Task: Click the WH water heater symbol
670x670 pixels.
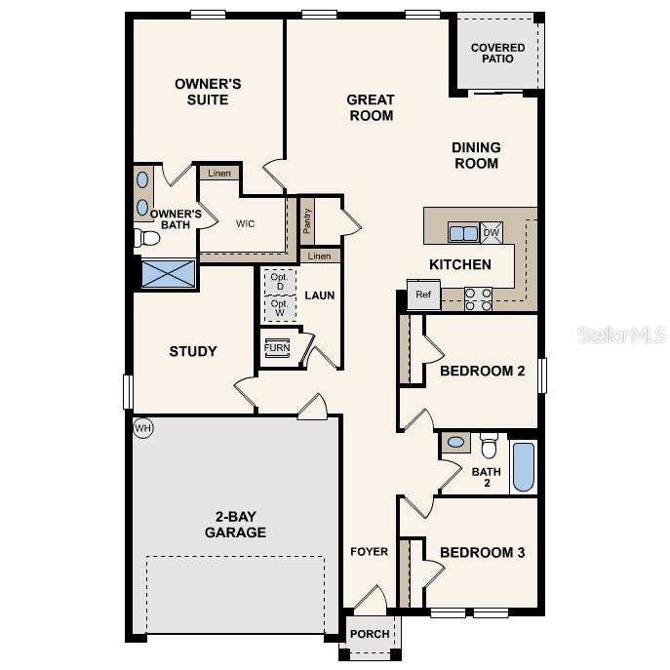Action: [143, 427]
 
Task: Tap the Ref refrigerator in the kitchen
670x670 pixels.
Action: [423, 295]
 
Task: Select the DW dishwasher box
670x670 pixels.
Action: [492, 232]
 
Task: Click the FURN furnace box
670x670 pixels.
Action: [277, 348]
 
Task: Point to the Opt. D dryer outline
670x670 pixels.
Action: [279, 280]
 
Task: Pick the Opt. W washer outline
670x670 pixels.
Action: [279, 307]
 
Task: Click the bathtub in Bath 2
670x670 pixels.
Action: [523, 467]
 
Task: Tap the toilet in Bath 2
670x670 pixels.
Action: [489, 447]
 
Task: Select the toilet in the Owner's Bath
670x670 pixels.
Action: [147, 237]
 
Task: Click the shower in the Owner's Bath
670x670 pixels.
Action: [168, 273]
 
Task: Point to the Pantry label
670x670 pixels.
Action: [306, 223]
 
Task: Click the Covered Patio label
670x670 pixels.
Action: [497, 53]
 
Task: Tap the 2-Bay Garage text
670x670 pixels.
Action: [235, 525]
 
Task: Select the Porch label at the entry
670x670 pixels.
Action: [370, 634]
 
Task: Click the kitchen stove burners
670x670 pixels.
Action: [478, 298]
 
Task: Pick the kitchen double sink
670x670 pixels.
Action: [463, 232]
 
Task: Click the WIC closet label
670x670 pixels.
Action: [245, 223]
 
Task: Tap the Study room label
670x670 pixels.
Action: [193, 351]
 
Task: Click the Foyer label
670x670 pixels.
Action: [370, 552]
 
